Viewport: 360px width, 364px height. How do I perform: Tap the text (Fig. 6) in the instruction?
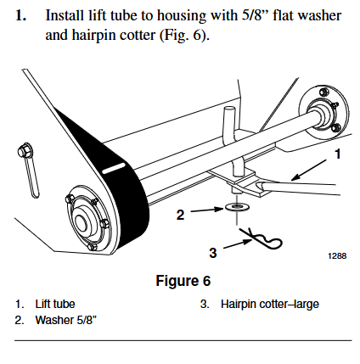[x=186, y=37]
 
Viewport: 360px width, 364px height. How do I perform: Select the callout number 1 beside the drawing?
[x=337, y=154]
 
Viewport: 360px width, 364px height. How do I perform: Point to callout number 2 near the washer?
[x=180, y=215]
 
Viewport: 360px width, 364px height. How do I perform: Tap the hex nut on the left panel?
[x=25, y=154]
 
